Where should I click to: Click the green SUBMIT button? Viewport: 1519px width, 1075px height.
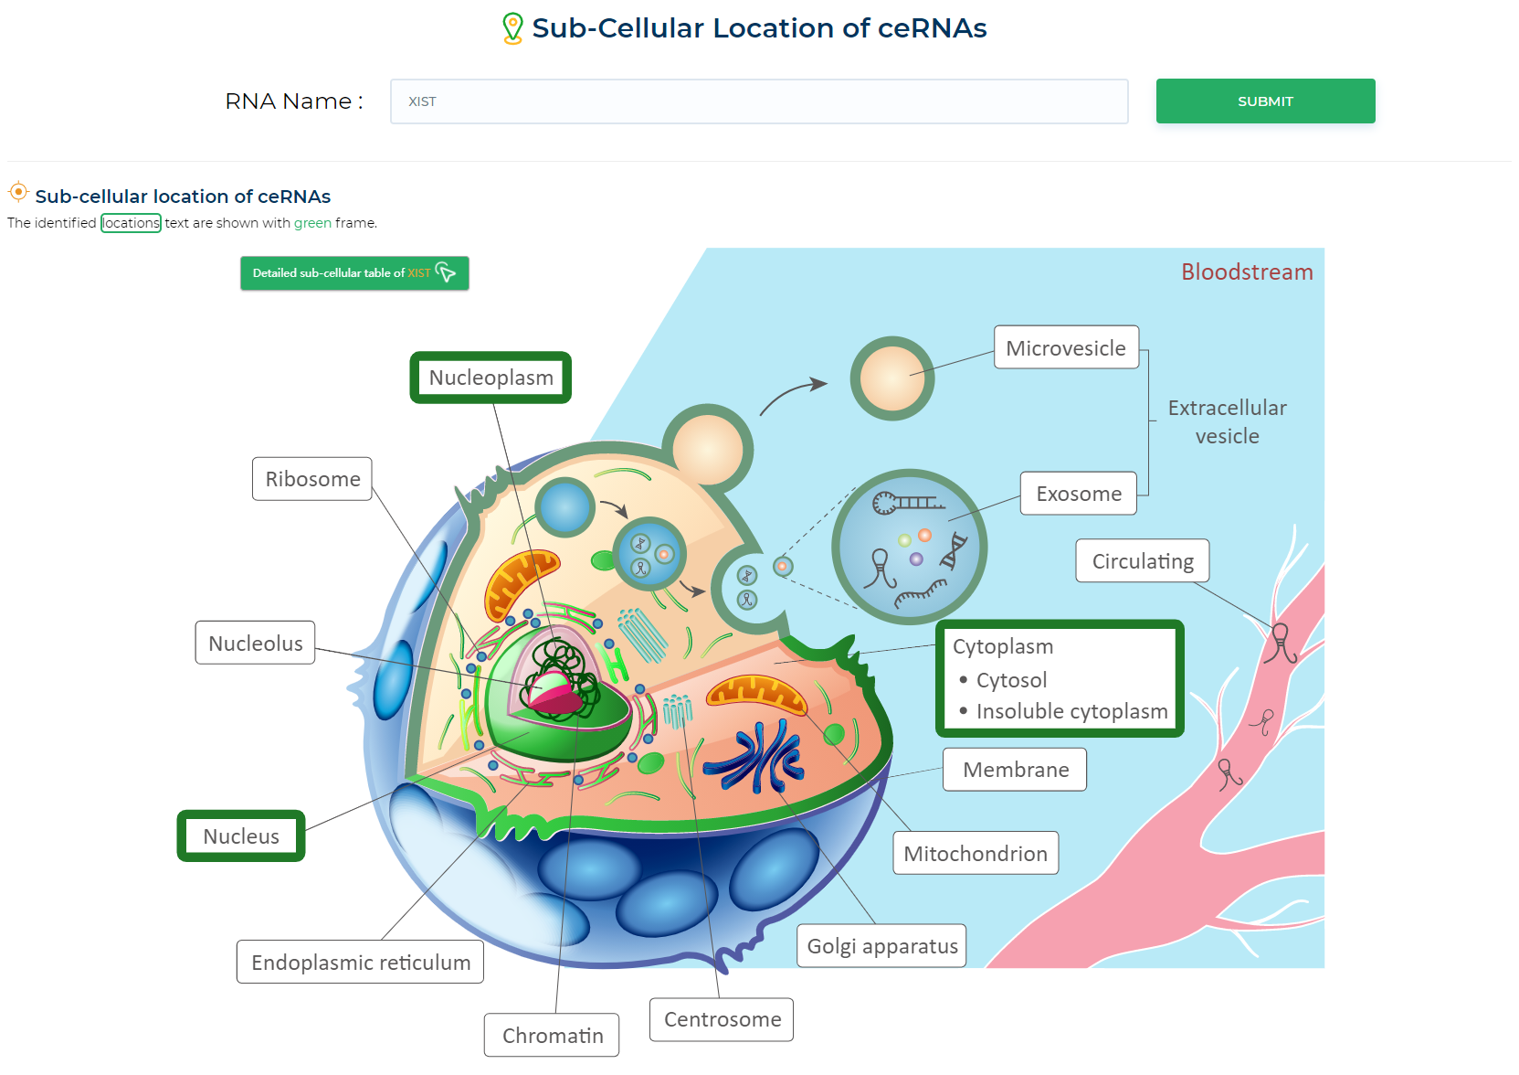[1265, 101]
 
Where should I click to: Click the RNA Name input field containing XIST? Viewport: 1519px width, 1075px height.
[758, 101]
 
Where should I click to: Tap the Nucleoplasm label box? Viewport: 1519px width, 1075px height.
[491, 378]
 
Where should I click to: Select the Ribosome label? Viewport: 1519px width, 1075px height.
[312, 479]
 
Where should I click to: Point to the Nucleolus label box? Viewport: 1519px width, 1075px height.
[255, 644]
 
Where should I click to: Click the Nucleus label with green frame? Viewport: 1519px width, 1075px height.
[241, 836]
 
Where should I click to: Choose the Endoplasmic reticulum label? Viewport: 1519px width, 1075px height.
[361, 963]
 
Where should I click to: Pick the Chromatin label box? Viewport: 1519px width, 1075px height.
[552, 1036]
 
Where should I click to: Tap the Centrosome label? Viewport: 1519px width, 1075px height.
[722, 1019]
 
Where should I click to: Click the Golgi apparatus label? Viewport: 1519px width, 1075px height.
[881, 946]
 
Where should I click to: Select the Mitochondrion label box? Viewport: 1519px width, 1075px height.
[976, 854]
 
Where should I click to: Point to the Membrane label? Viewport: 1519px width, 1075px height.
[1015, 770]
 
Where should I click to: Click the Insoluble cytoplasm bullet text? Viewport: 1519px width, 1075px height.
[1071, 711]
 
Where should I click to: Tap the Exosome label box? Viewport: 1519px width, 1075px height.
[1078, 494]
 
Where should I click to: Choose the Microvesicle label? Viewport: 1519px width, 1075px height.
[1065, 348]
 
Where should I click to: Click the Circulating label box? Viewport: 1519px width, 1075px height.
[1142, 561]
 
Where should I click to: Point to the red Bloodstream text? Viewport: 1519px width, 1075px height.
[1247, 272]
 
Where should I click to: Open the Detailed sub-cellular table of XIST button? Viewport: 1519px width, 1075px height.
[354, 273]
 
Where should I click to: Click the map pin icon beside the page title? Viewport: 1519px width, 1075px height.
[513, 28]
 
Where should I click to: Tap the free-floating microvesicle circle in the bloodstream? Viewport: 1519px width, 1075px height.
[891, 378]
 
